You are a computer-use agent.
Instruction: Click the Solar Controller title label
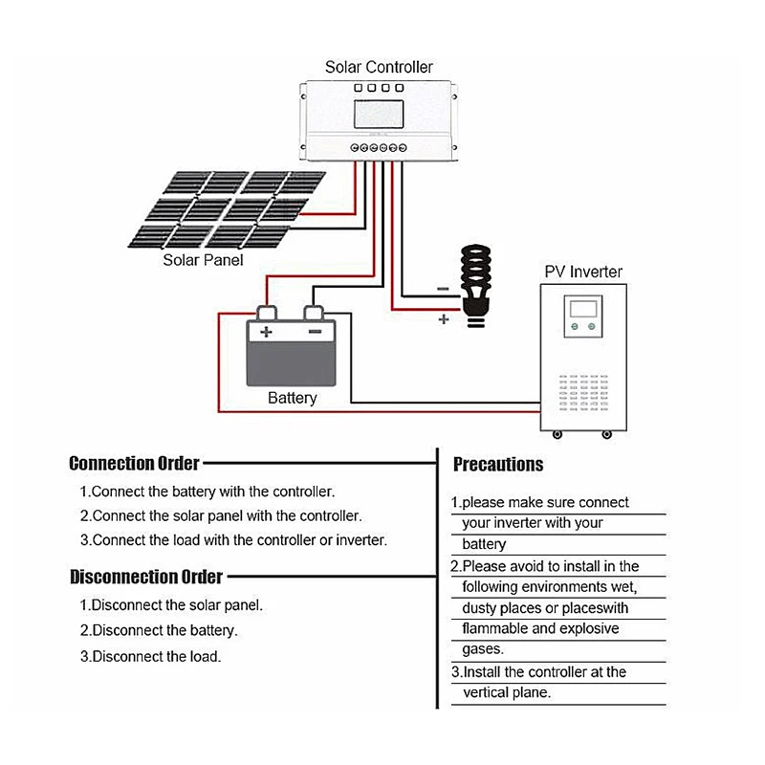(379, 67)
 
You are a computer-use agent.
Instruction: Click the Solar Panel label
(203, 260)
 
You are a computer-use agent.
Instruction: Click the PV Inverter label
(583, 272)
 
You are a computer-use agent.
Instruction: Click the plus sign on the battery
(267, 332)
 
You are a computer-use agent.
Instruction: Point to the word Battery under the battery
(292, 398)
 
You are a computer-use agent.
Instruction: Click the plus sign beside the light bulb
(443, 320)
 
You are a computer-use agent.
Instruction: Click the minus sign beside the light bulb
(442, 288)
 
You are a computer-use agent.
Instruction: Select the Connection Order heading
(134, 464)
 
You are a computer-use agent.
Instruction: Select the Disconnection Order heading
(145, 577)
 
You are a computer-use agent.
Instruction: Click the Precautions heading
(497, 465)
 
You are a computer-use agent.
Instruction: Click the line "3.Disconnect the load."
(150, 657)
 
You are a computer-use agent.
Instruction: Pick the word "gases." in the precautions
(482, 649)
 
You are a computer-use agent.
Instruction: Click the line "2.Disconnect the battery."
(159, 631)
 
